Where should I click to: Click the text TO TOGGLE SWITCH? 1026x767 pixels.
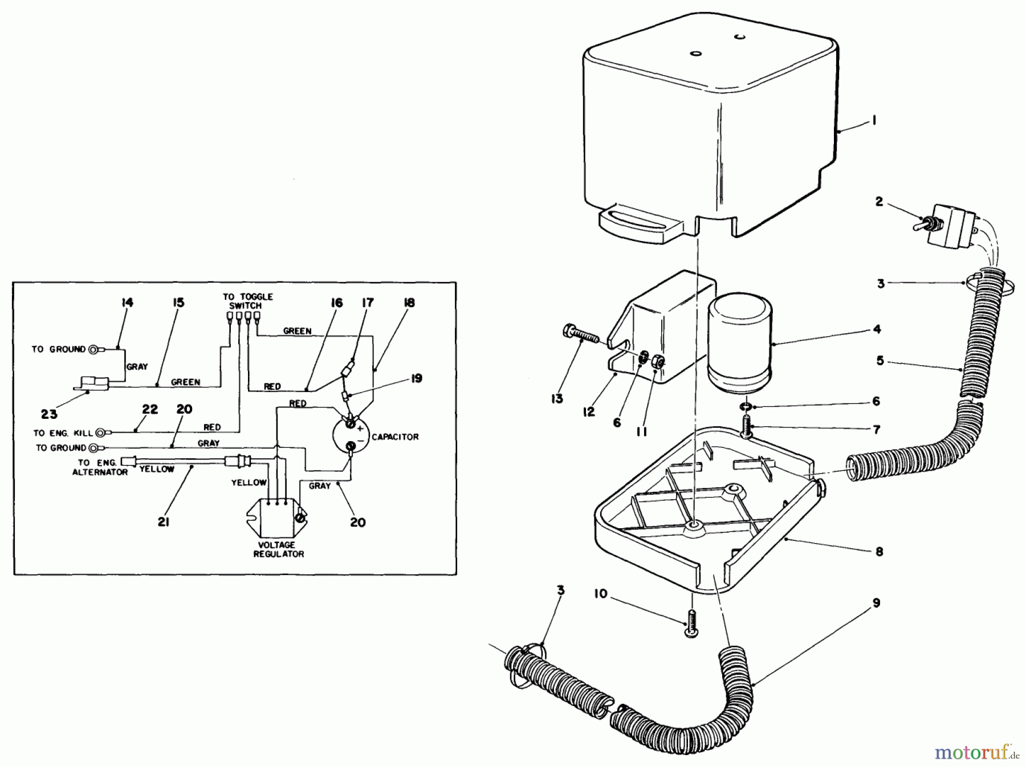[x=247, y=301]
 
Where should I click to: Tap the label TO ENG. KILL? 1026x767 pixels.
[x=63, y=433]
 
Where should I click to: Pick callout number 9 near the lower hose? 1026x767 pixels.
[x=876, y=603]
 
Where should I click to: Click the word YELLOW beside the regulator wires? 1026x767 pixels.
[x=249, y=483]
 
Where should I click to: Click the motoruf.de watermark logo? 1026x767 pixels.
[x=975, y=753]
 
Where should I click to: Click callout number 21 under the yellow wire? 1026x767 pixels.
[x=164, y=521]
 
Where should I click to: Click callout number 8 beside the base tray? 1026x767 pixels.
[x=878, y=551]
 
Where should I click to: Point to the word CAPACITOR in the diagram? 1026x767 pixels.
[x=395, y=437]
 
